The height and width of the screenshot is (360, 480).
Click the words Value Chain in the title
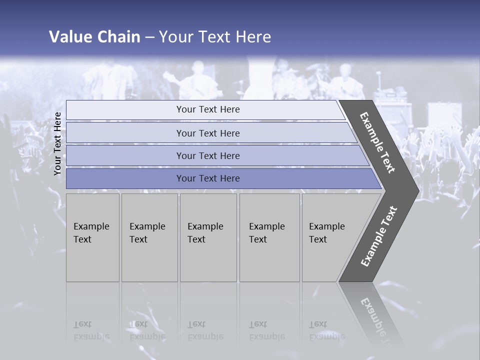click(x=94, y=37)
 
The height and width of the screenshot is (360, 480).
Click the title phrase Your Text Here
click(x=215, y=37)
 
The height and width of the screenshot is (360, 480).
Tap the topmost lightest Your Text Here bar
click(x=207, y=109)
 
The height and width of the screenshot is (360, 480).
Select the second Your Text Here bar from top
click(x=207, y=133)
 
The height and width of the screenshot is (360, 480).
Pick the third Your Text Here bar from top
click(x=207, y=155)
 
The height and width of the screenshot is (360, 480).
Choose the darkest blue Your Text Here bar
click(x=207, y=178)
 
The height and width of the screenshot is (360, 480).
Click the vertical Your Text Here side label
click(x=57, y=143)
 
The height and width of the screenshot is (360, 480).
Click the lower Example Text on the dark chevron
click(x=379, y=236)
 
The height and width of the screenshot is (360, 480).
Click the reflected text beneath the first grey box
click(x=91, y=330)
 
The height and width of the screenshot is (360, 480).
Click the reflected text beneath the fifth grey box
click(x=326, y=330)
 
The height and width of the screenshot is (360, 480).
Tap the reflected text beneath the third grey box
click(x=205, y=330)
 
